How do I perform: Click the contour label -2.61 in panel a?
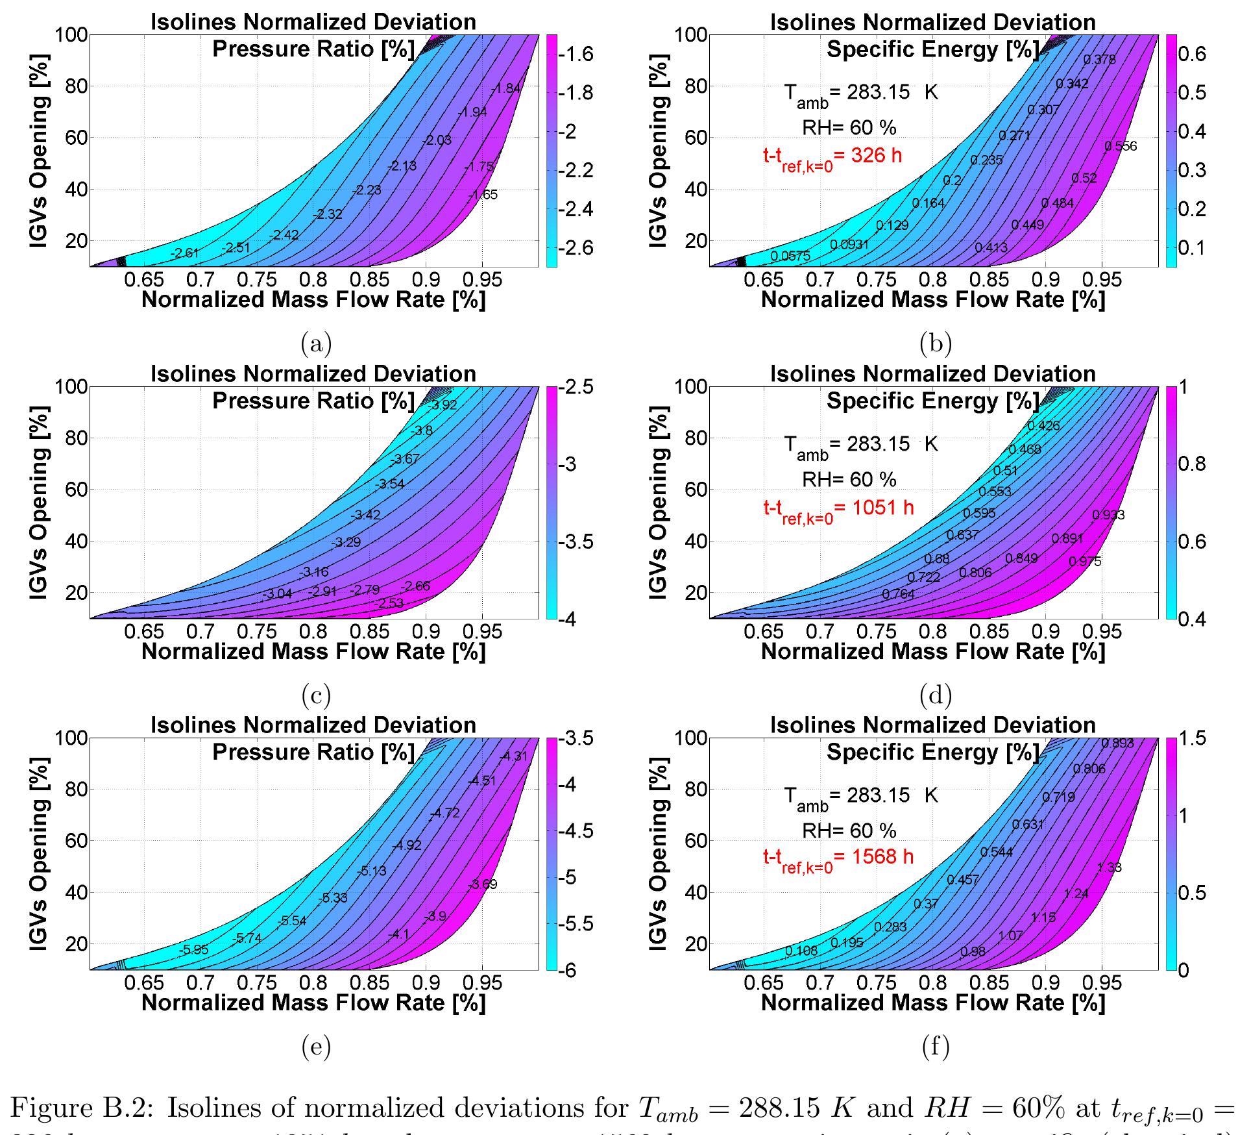pyautogui.click(x=184, y=253)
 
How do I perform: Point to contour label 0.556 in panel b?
pyautogui.click(x=1121, y=146)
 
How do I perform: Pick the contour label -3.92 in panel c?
pyautogui.click(x=443, y=405)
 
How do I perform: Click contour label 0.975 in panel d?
pyautogui.click(x=1084, y=562)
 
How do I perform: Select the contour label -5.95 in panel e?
pyautogui.click(x=194, y=949)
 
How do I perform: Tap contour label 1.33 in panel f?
pyautogui.click(x=1109, y=867)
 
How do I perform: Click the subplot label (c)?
pyautogui.click(x=316, y=695)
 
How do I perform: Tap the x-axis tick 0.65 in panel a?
pyautogui.click(x=144, y=281)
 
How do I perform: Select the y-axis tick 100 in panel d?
pyautogui.click(x=690, y=386)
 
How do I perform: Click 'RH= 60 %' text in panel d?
pyautogui.click(x=849, y=479)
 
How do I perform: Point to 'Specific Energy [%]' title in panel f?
pyautogui.click(x=932, y=753)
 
